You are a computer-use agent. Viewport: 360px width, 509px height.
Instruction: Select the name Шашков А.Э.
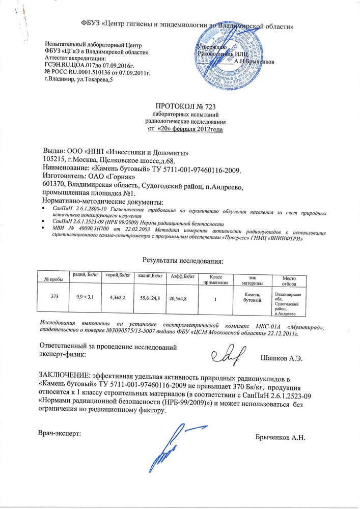click(x=282, y=358)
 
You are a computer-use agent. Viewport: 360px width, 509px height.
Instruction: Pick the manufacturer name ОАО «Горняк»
click(x=108, y=176)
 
